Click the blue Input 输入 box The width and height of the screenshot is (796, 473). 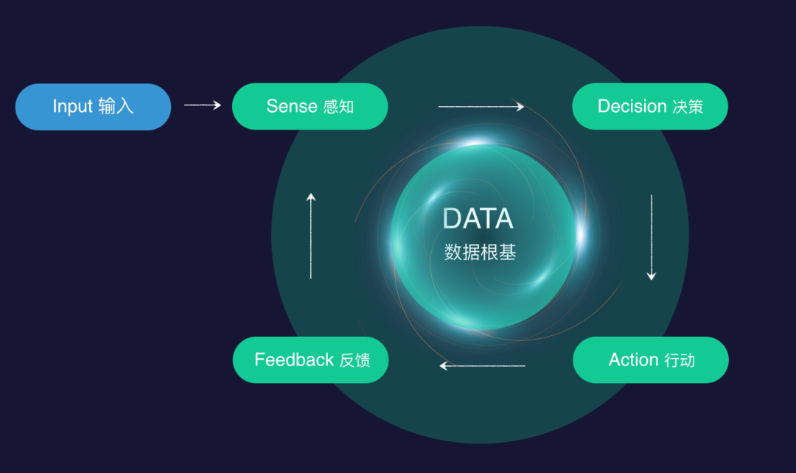pos(93,107)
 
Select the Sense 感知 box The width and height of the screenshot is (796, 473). pos(310,106)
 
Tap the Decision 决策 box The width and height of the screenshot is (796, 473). pos(650,106)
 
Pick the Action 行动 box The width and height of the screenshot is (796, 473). pos(650,360)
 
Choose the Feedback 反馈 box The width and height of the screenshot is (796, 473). pos(310,360)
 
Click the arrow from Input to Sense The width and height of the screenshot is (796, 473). pos(202,105)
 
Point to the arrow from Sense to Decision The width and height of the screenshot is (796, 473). pos(481,107)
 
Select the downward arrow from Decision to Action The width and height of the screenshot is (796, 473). pos(651,237)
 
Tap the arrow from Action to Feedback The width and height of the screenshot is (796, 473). pos(482,365)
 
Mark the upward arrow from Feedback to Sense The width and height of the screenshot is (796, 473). pos(311,236)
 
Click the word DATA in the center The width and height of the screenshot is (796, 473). pos(478,219)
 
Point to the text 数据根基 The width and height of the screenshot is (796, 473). pos(481,253)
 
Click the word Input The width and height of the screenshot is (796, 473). pos(72,107)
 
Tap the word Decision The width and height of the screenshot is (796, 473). pos(632,106)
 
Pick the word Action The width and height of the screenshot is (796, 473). pos(633,360)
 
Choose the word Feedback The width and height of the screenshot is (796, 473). pos(294,360)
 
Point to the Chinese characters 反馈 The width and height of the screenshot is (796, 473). pos(355,360)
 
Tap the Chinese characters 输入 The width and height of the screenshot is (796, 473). pos(116,107)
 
